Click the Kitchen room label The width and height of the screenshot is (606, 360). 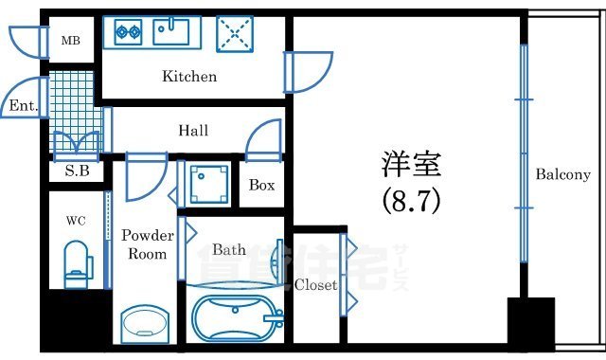point(189,77)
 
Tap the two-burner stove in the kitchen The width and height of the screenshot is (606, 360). point(128,33)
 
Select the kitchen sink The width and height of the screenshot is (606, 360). point(172,31)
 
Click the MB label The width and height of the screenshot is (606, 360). point(71,42)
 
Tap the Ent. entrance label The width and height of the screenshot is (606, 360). point(23,107)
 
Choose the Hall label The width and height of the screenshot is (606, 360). point(193,131)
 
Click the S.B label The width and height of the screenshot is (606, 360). point(77,171)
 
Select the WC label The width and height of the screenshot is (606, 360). point(76,221)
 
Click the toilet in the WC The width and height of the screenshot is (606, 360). point(75,264)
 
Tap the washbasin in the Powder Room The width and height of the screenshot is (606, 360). point(145,322)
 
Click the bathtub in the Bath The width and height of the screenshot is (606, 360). point(235,313)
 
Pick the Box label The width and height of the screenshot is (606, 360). point(261,185)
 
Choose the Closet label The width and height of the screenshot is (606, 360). point(315,284)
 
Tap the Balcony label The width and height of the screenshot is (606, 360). point(562,174)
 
